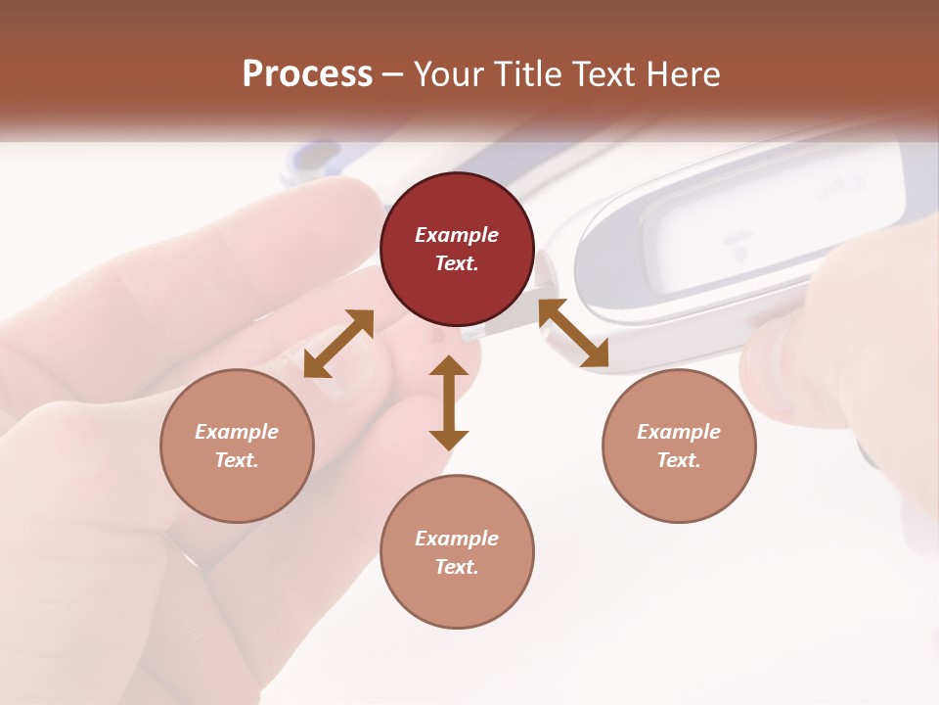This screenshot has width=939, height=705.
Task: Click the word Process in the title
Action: [x=307, y=74]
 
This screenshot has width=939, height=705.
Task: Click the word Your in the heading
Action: [x=445, y=74]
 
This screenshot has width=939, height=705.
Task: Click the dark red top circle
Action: [x=457, y=249]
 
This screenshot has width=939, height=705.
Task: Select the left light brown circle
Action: [x=237, y=446]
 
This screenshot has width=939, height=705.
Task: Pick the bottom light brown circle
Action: [x=457, y=551]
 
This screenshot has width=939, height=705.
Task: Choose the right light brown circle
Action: [x=678, y=446]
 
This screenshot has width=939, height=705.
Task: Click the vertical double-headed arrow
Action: [x=449, y=402]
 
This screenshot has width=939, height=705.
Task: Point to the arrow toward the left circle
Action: [x=338, y=343]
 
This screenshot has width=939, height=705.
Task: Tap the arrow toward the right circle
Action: [x=574, y=333]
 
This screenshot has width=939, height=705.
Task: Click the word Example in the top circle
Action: [x=457, y=235]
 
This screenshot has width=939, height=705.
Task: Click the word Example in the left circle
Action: [x=237, y=432]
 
